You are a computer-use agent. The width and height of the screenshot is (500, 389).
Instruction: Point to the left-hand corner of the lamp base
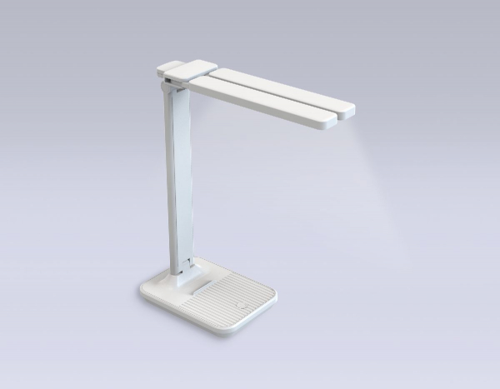click(x=142, y=292)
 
